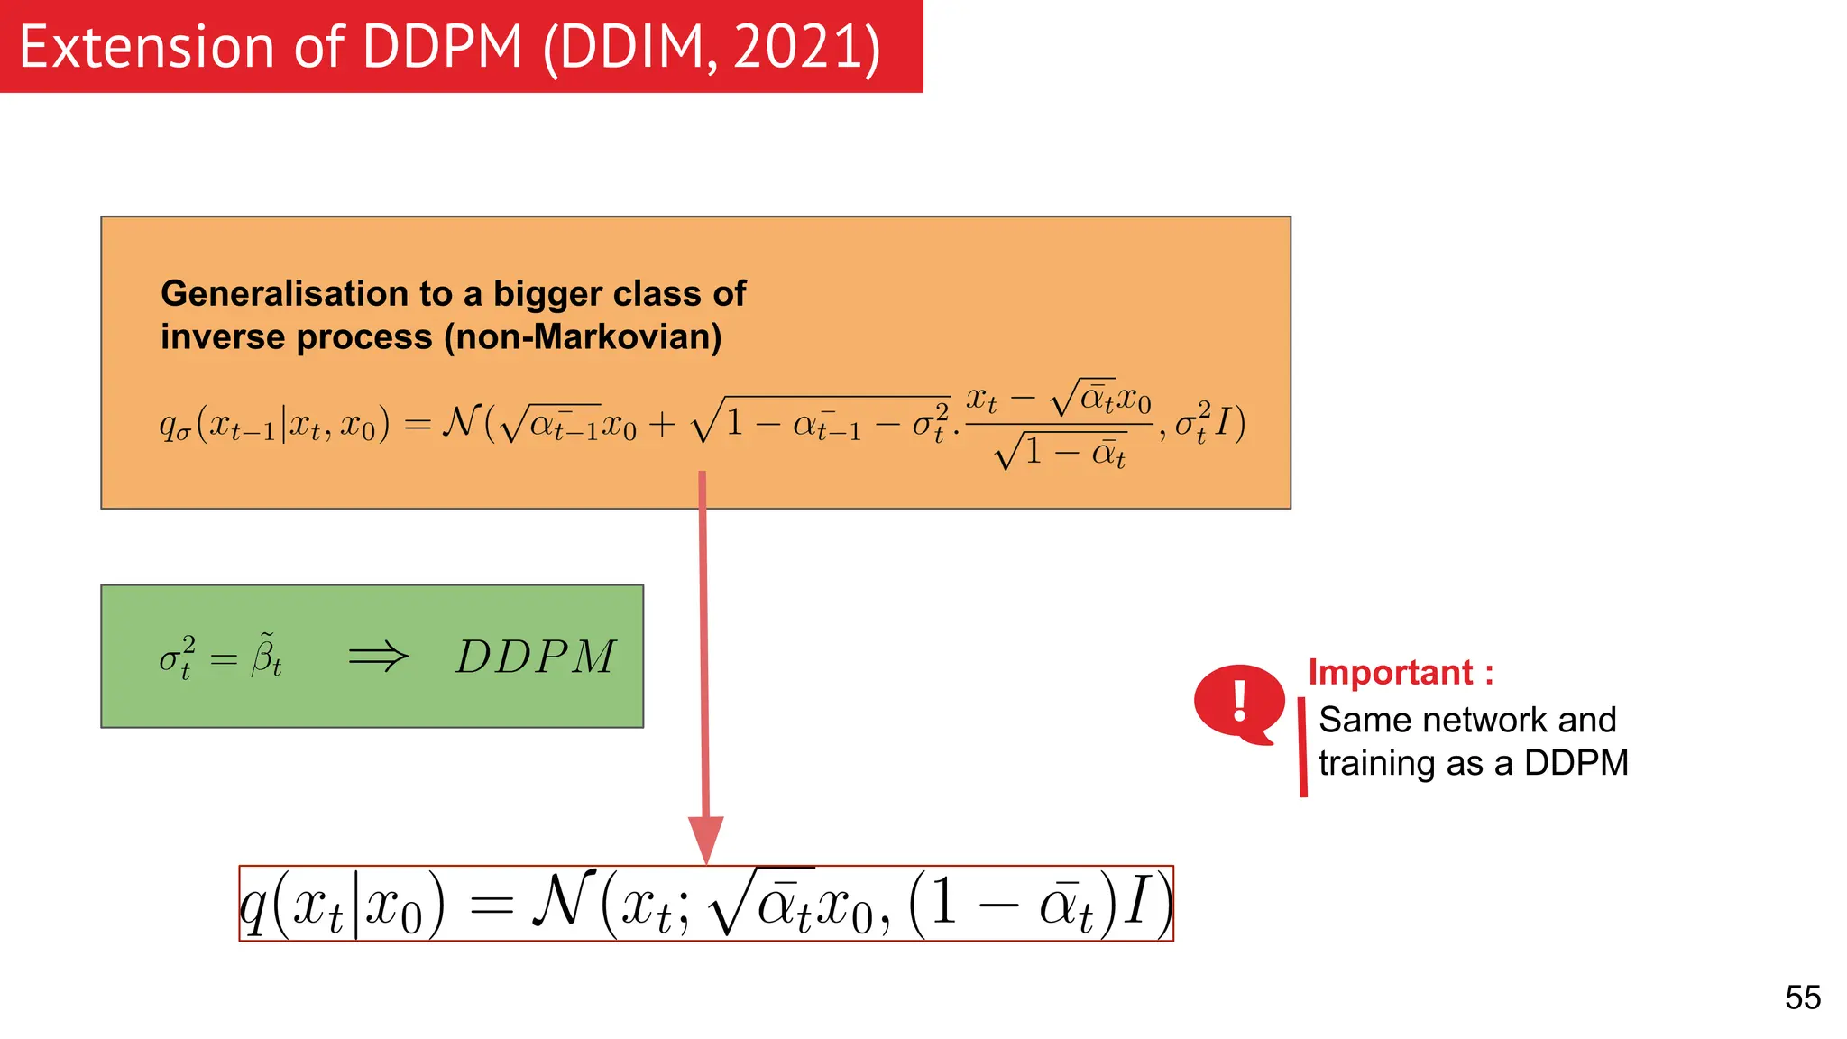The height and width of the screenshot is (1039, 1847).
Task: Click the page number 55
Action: (1802, 998)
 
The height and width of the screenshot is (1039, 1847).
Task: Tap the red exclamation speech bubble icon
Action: (1239, 703)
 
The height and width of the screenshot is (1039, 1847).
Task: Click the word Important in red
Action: (1390, 673)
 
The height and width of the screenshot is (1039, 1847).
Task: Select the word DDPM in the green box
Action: (536, 657)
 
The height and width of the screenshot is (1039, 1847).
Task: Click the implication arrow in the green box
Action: (378, 657)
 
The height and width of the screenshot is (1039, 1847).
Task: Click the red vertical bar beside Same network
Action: (1303, 747)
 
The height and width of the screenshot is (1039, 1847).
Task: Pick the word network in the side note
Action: (1484, 720)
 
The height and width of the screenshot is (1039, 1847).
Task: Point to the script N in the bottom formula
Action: (564, 901)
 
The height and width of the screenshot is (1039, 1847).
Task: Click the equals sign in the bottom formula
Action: (492, 906)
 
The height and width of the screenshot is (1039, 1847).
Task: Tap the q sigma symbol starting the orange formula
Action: (174, 424)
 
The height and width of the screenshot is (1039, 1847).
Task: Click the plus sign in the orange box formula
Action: (662, 425)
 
